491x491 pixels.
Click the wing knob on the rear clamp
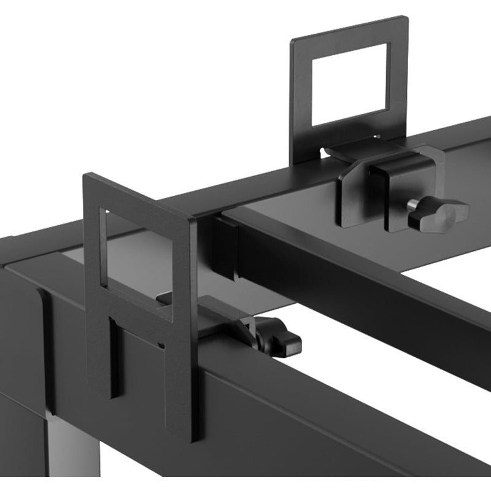443,214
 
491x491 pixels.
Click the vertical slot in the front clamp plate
114,356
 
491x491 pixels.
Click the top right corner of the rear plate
406,18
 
